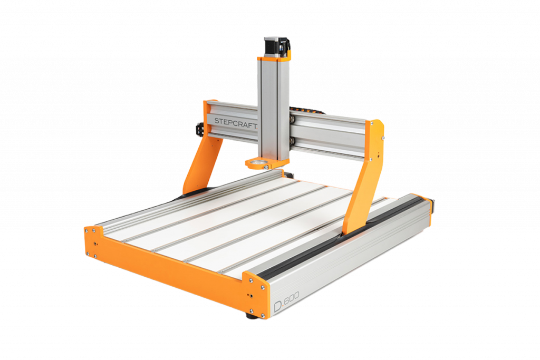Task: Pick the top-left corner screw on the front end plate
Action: tap(87, 229)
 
